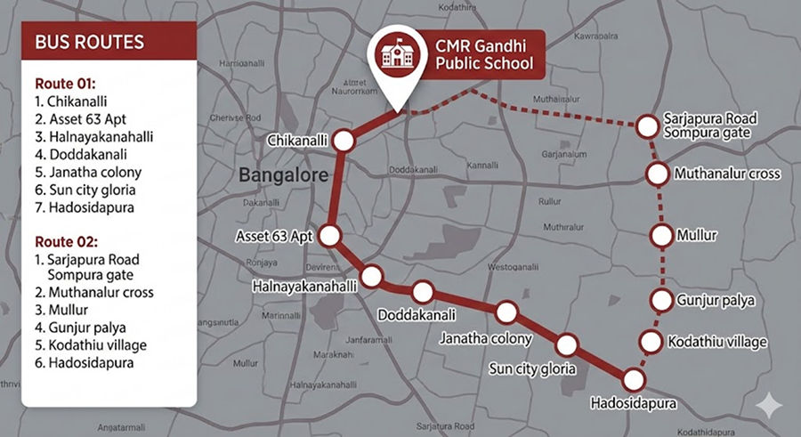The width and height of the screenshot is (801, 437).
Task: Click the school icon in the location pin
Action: pos(392,55)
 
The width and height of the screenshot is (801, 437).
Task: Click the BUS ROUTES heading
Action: pos(89,43)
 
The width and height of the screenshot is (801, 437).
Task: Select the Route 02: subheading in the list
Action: pos(64,241)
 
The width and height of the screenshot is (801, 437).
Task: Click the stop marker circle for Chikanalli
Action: pos(344,141)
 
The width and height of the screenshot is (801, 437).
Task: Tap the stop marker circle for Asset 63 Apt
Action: pos(330,236)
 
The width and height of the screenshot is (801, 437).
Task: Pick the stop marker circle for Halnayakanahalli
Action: pos(370,274)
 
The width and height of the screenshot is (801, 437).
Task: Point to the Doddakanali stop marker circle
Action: pos(422,292)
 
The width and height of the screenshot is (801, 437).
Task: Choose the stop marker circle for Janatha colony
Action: pos(506,312)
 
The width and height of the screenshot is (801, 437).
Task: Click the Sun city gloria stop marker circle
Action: pos(567,344)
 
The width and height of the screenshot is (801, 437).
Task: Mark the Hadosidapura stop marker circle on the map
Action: pos(634,379)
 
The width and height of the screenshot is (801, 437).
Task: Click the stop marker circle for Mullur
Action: pos(661,236)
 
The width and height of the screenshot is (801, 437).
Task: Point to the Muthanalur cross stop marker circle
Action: pos(658,174)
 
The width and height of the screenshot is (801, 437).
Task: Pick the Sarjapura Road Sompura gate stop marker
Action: pos(646,127)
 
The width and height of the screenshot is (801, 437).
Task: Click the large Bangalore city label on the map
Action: pos(283,175)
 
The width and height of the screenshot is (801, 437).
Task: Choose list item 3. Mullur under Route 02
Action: pos(62,310)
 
